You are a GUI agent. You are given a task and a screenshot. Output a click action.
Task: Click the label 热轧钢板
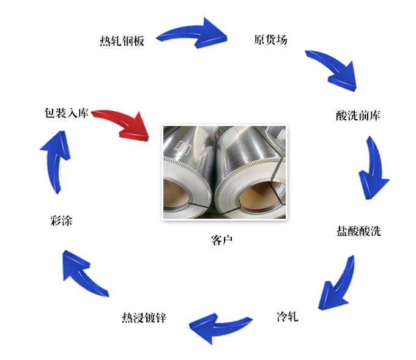tap(122, 42)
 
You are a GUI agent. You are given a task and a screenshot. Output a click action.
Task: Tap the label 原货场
tap(270, 40)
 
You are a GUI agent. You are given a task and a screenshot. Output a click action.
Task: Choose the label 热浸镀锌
tap(144, 318)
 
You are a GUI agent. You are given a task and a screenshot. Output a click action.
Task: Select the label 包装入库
tap(67, 113)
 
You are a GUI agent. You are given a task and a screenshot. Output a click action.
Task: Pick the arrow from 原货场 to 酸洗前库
tap(333, 68)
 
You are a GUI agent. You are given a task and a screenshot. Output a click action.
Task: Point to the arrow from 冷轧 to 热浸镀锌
tap(219, 328)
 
